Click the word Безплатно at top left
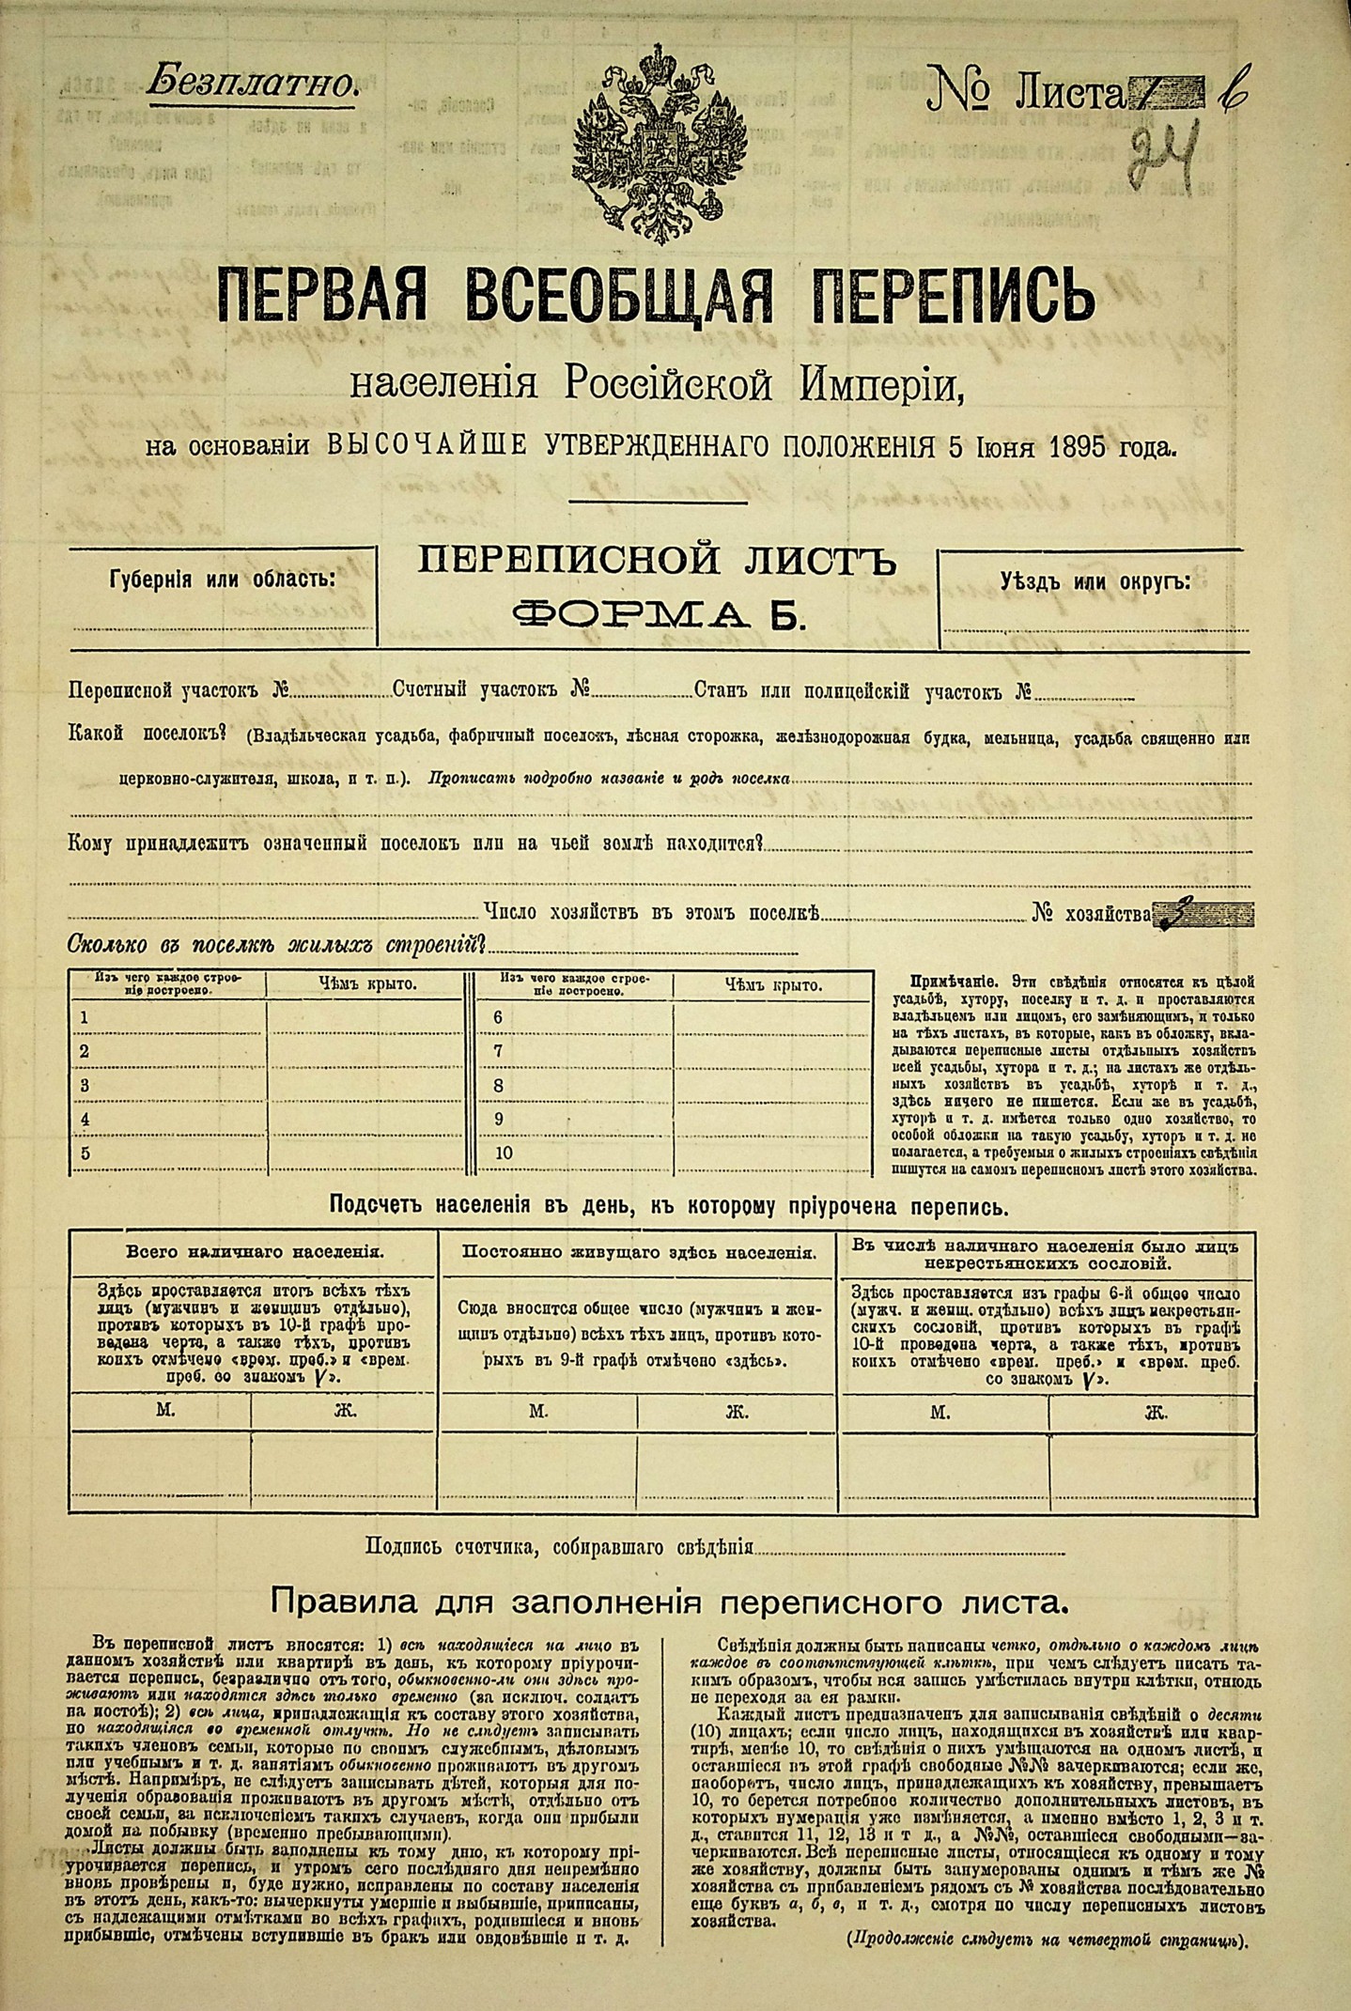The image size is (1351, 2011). [x=252, y=83]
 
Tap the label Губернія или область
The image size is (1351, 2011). [x=222, y=579]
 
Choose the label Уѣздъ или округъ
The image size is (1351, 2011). [x=1095, y=581]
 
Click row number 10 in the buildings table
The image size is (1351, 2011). [x=504, y=1153]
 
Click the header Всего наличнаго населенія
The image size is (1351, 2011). [x=254, y=1252]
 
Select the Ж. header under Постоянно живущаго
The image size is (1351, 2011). [x=736, y=1411]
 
